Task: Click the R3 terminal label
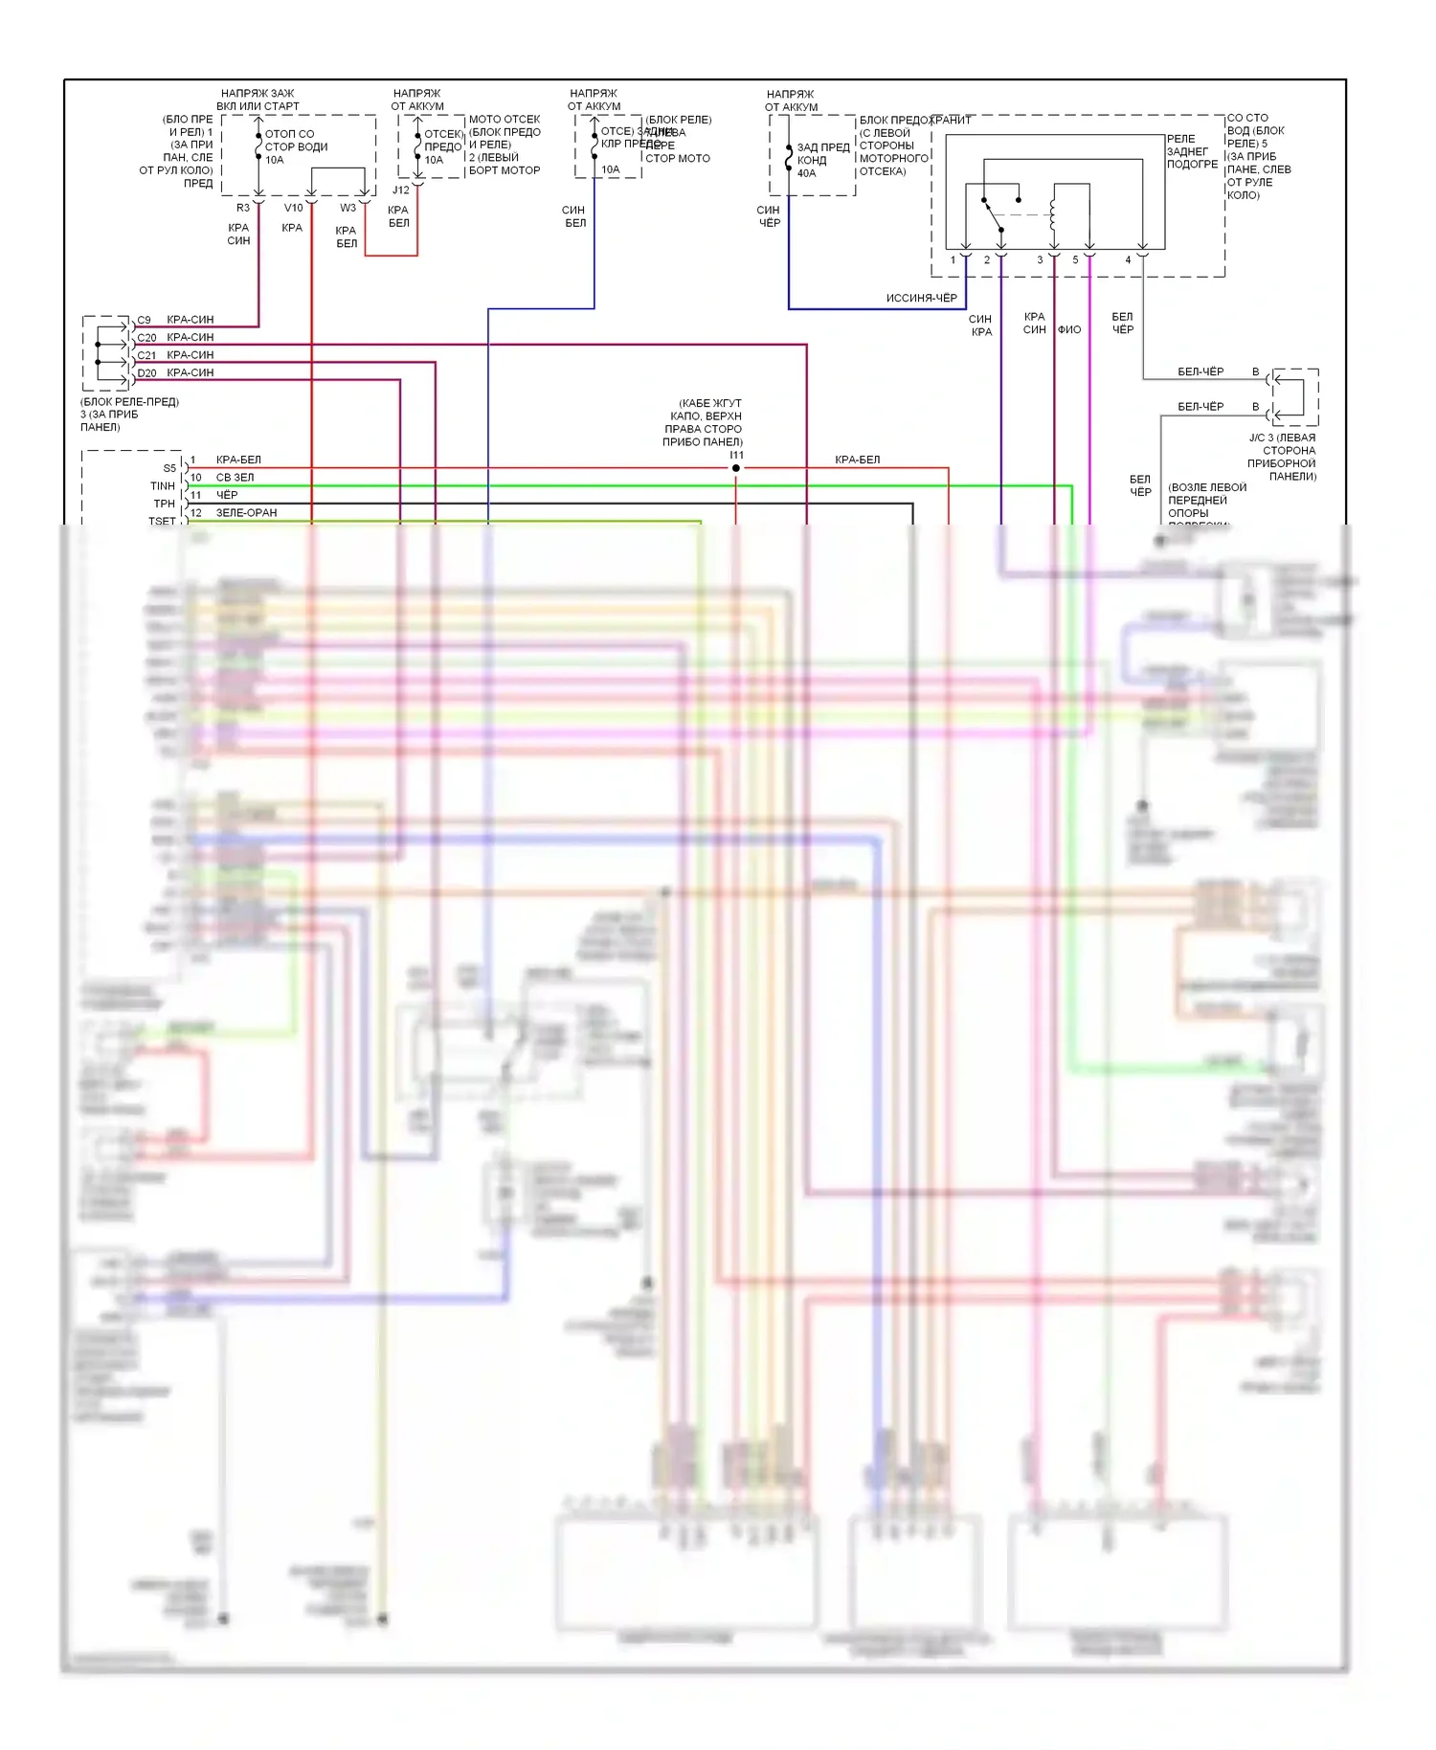243,208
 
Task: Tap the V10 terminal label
293,208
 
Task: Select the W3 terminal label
348,208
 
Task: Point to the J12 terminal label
401,190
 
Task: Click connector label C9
144,320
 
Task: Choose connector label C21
146,355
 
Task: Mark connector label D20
146,373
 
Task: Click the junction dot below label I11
735,468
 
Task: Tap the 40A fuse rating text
807,173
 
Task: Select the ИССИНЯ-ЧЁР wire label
921,298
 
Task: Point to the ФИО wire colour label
1069,329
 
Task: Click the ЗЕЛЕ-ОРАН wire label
246,513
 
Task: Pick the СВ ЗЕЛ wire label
235,478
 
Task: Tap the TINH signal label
163,486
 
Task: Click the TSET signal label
162,522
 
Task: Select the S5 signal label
169,468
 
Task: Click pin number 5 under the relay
1075,259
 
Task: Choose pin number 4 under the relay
1128,259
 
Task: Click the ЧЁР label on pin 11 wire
227,495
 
